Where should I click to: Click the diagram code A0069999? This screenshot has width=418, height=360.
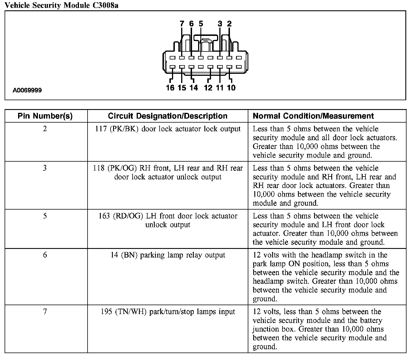27,90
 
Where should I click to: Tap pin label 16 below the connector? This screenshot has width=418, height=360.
170,88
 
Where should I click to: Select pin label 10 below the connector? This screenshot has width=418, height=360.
231,88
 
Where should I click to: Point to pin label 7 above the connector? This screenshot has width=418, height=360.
182,24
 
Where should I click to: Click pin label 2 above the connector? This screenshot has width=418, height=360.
229,24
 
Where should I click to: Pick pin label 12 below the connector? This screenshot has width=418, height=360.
208,88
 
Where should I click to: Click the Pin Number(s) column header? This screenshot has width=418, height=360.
45,116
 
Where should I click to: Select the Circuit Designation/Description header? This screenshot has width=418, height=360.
168,116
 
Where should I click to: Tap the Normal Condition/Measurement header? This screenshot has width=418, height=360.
313,116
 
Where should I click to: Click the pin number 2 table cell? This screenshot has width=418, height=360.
45,129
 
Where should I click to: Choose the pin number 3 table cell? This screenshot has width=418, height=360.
45,168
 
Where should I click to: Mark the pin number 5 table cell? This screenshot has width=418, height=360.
45,216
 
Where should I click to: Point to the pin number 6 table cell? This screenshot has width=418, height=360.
45,255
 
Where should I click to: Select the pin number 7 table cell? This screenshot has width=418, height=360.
45,311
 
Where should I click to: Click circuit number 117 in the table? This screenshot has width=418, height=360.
101,129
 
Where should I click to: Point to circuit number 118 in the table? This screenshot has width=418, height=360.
99,168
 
